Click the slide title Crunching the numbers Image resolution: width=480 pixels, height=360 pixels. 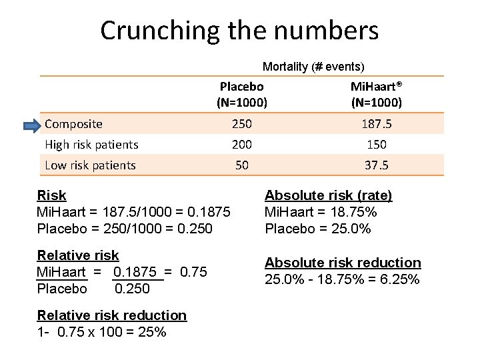[239, 31]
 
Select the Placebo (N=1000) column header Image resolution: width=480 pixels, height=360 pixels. [241, 95]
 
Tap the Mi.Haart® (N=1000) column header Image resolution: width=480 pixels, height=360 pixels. [376, 95]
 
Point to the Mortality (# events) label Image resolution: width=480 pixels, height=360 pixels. [313, 67]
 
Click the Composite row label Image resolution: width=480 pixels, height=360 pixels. [73, 124]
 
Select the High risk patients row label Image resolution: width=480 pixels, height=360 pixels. [91, 145]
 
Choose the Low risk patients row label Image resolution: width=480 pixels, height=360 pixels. [90, 165]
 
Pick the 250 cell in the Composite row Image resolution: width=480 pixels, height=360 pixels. [241, 124]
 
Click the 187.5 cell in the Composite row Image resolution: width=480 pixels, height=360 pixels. [376, 124]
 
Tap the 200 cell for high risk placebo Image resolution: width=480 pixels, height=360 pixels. [241, 145]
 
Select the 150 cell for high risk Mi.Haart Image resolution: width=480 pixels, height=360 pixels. [376, 145]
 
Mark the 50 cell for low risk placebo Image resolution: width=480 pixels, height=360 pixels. [241, 165]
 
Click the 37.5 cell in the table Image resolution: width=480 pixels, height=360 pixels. [376, 165]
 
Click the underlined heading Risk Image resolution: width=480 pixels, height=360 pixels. [51, 195]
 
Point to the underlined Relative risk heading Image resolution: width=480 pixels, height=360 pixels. [78, 255]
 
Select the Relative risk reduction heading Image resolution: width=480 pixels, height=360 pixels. [111, 315]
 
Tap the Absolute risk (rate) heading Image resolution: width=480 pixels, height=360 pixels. [328, 195]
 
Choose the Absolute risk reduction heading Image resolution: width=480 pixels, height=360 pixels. [343, 263]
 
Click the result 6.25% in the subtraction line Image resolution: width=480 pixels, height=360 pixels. [399, 279]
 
